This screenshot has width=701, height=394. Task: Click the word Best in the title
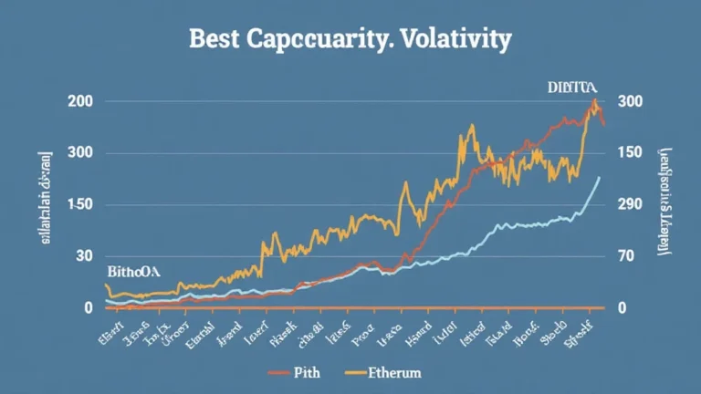tap(212, 39)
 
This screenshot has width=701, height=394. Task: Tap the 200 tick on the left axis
tap(80, 101)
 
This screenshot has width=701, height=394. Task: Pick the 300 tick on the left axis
tap(80, 153)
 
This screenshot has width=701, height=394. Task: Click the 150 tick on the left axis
tap(80, 205)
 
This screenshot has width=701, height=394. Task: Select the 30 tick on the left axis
tap(84, 257)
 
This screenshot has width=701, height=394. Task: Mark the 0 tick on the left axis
tap(89, 308)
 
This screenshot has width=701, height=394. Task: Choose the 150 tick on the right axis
tap(632, 153)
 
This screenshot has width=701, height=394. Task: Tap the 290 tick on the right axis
tap(632, 205)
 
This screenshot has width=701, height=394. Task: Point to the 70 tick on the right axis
tap(628, 257)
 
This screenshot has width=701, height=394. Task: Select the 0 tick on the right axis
tap(623, 308)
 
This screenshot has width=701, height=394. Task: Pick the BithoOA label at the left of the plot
tap(133, 272)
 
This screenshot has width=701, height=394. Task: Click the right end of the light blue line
tap(599, 177)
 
